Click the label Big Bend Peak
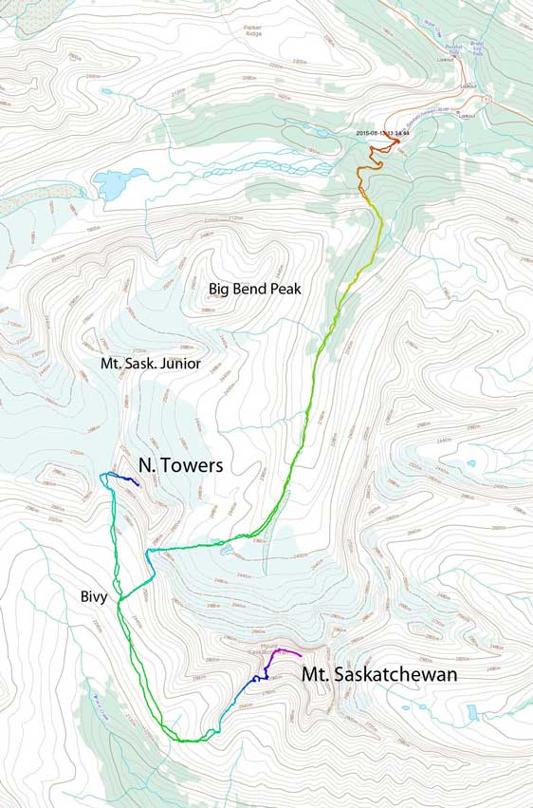point(254,289)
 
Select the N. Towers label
point(180,465)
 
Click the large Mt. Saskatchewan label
point(379,675)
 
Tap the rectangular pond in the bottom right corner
point(472,711)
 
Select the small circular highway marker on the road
point(487,99)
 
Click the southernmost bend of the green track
point(194,739)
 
